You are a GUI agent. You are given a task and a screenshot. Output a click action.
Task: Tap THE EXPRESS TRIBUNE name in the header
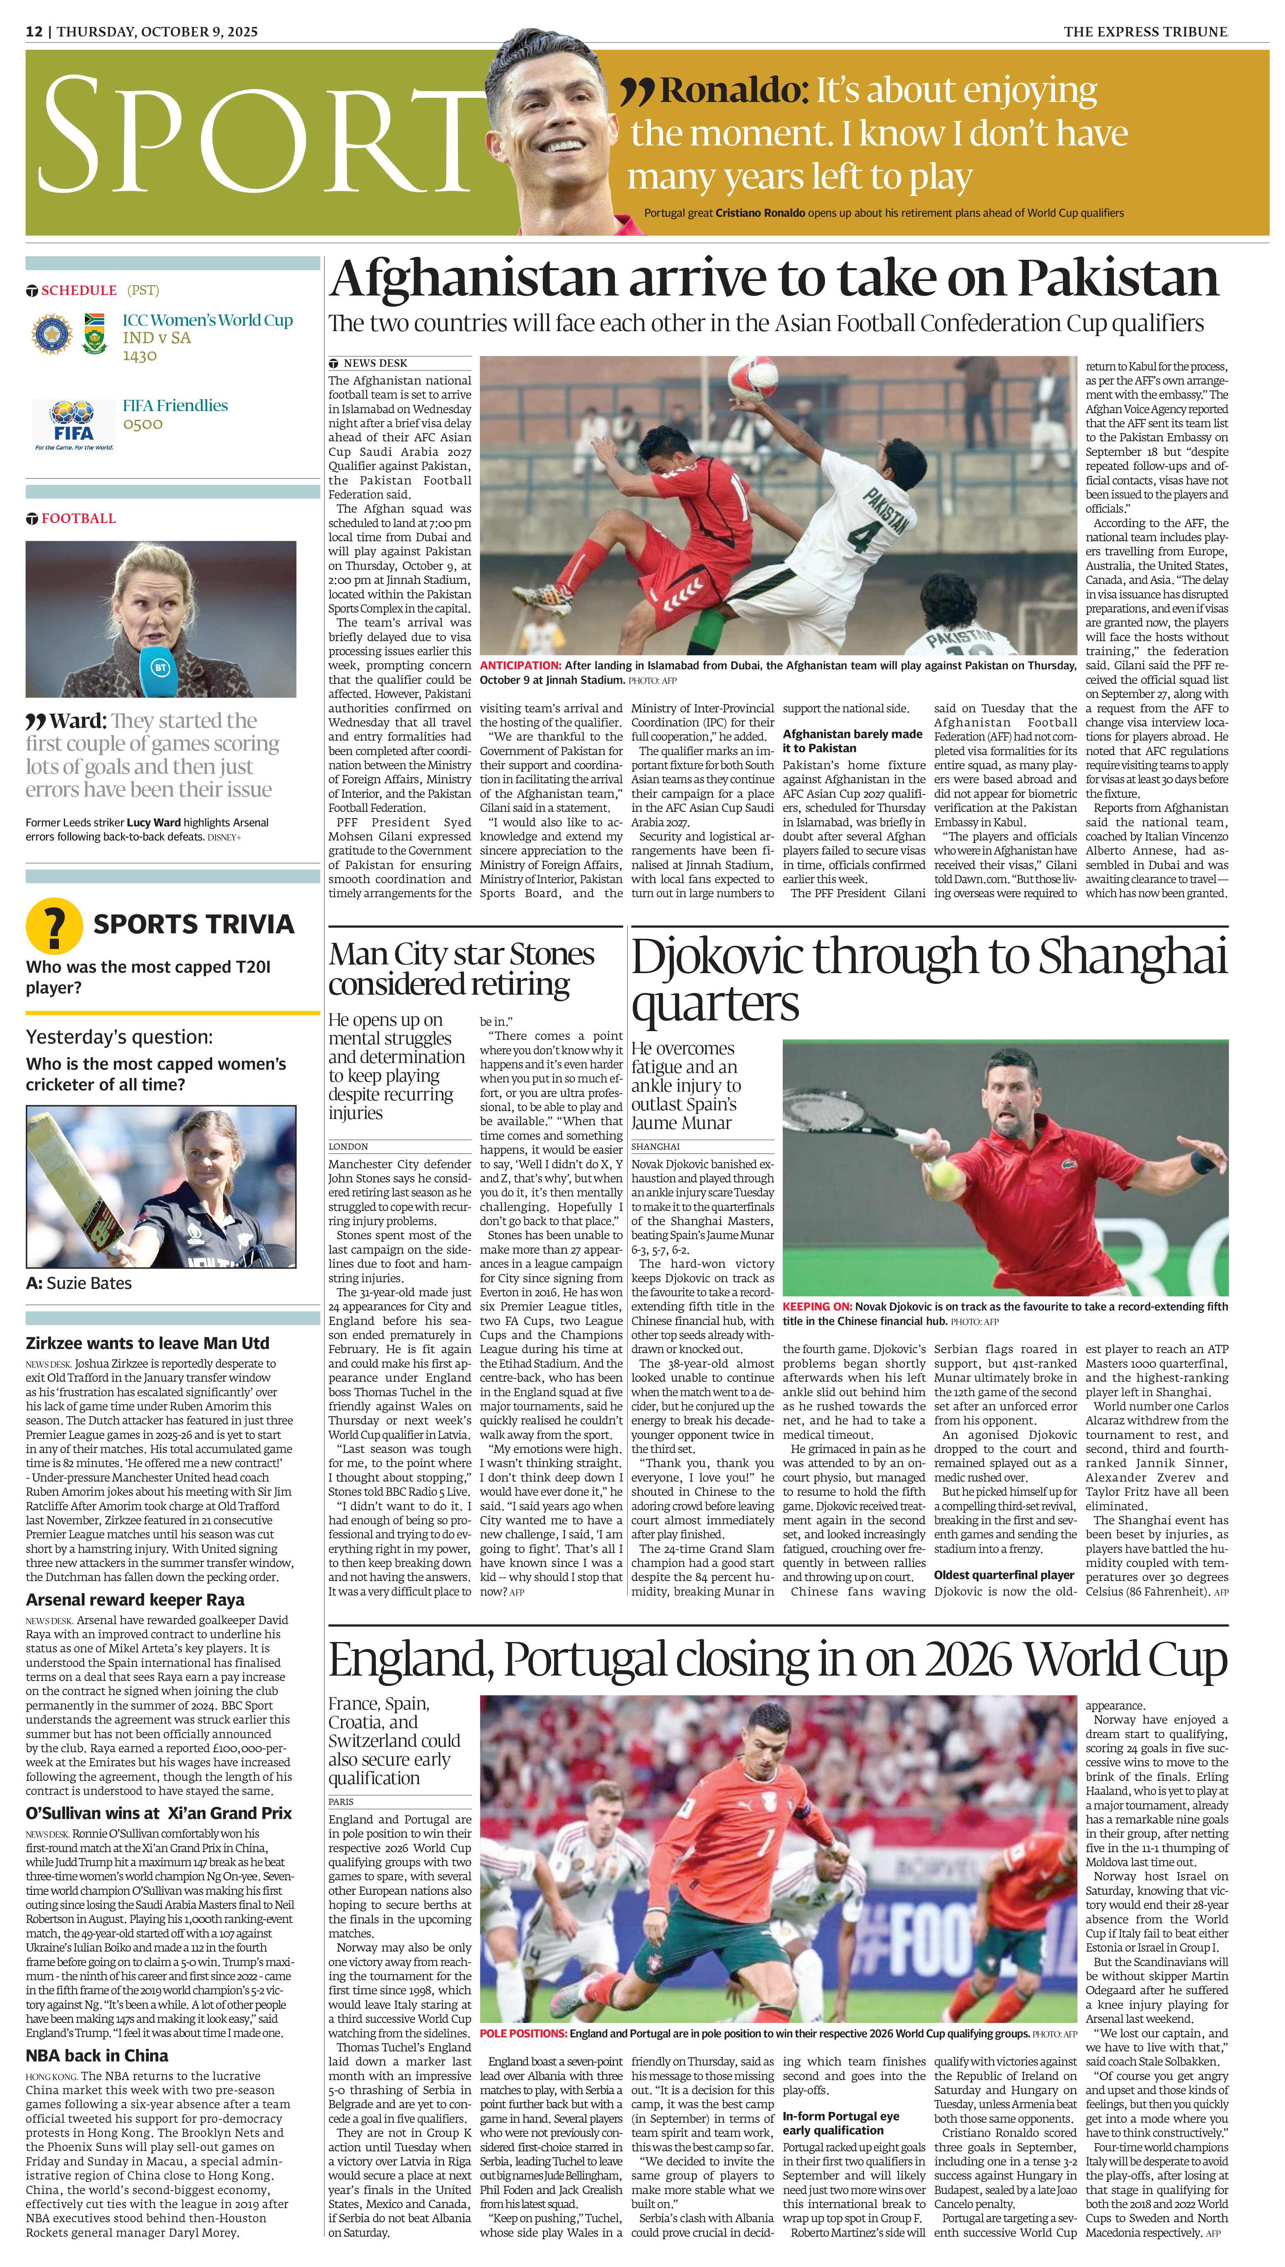1145,32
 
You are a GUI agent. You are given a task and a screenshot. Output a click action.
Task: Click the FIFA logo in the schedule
74,424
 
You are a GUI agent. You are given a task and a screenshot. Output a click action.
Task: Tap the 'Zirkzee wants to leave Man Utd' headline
148,1343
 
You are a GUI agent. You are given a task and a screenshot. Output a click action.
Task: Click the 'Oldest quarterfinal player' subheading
1004,1574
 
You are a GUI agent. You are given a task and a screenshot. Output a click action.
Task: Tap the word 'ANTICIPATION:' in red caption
520,665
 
